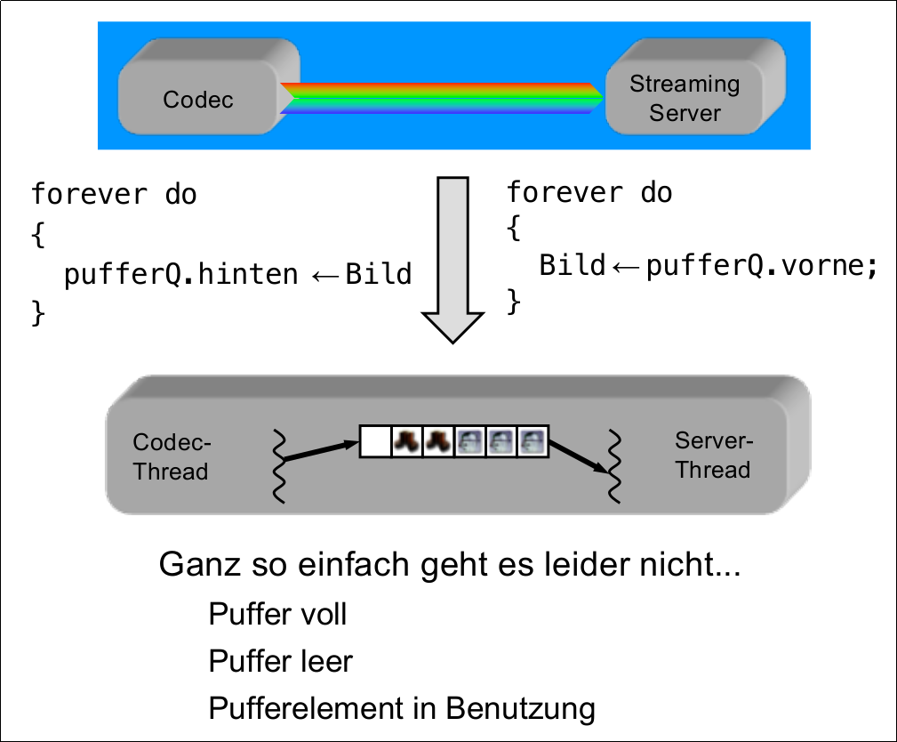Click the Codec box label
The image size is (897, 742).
pyautogui.click(x=198, y=99)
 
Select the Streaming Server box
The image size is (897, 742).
pyautogui.click(x=685, y=98)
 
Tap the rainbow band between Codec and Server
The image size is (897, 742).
pyautogui.click(x=442, y=99)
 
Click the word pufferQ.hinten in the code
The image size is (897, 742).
pyautogui.click(x=180, y=274)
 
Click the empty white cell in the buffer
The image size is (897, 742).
pyautogui.click(x=376, y=440)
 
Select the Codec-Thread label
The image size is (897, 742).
pyautogui.click(x=172, y=457)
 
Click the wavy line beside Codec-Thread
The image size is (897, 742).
pyautogui.click(x=280, y=467)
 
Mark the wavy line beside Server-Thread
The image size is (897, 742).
pyautogui.click(x=613, y=467)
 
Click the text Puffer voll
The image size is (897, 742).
pyautogui.click(x=277, y=614)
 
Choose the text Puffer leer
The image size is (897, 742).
pyautogui.click(x=280, y=661)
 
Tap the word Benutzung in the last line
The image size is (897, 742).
pyautogui.click(x=520, y=708)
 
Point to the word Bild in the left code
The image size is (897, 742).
pyautogui.click(x=379, y=274)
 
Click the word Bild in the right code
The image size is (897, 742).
pyautogui.click(x=572, y=265)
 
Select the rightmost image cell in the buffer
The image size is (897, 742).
pyautogui.click(x=533, y=440)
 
